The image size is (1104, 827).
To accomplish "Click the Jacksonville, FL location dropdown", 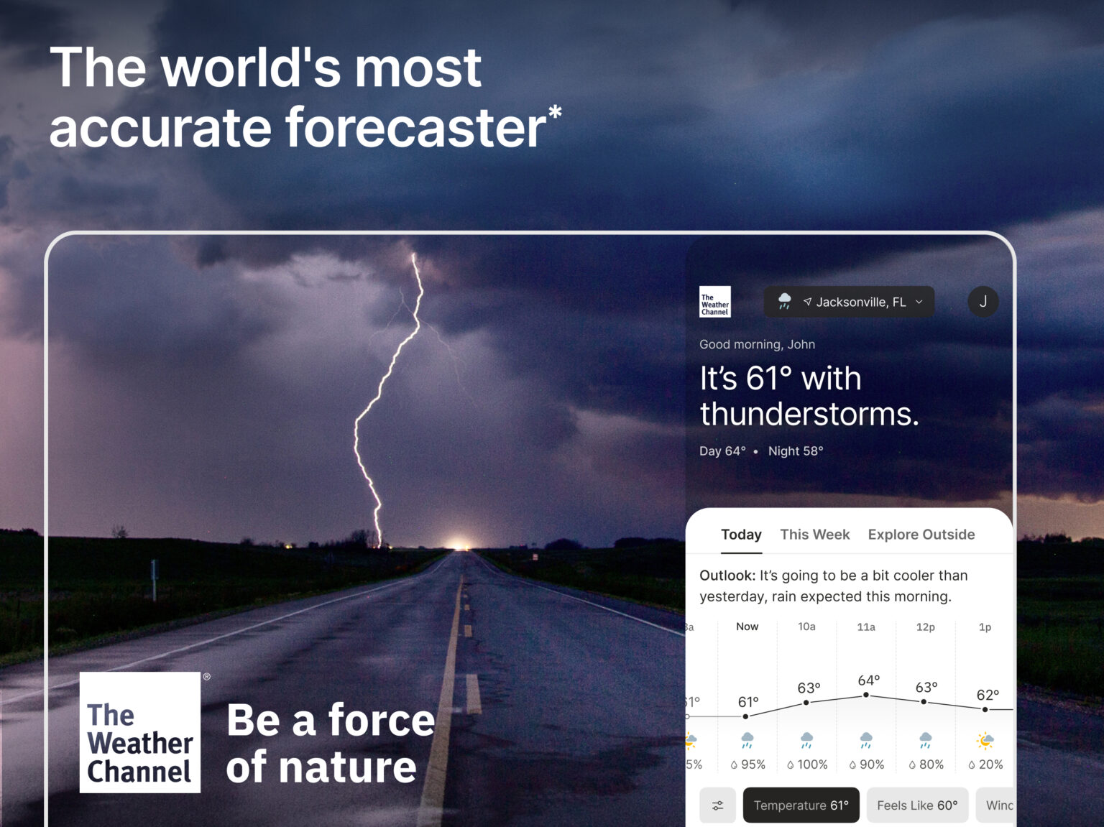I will (x=849, y=302).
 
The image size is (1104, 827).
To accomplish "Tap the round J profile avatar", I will (x=983, y=302).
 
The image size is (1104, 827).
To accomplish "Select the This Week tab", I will (x=814, y=535).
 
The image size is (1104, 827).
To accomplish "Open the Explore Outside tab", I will (x=921, y=535).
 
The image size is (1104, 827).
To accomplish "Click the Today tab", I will (x=741, y=535).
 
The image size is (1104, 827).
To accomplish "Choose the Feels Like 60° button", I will (x=916, y=805).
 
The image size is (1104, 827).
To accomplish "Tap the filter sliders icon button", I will (x=717, y=805).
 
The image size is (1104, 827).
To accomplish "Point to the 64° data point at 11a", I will (x=866, y=695).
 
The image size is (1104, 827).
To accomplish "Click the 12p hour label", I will (x=925, y=627).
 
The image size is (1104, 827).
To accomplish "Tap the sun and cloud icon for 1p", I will (x=985, y=740).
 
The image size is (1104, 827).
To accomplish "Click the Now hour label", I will (x=747, y=627).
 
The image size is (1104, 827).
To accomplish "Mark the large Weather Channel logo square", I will (x=140, y=732).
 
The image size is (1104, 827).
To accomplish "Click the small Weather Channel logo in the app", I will (x=714, y=302).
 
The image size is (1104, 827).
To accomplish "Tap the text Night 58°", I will (x=795, y=451).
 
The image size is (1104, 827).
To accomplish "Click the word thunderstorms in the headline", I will (x=809, y=415).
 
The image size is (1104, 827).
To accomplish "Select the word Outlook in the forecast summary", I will (x=726, y=576).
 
